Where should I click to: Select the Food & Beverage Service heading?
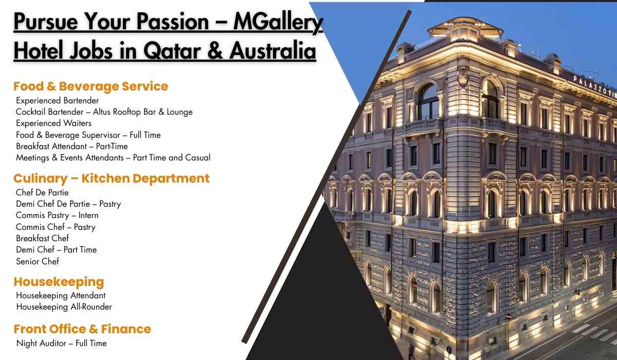coord(90,86)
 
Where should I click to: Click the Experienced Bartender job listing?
coord(57,100)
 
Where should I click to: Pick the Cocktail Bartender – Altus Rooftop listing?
coord(104,112)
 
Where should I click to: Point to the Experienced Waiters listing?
coord(53,123)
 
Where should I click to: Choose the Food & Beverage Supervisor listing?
coord(88,135)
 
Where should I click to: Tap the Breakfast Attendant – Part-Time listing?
coord(71,146)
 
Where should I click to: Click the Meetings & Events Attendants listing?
coord(113,157)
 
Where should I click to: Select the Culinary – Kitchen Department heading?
coord(111,178)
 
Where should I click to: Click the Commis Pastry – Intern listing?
coord(57,215)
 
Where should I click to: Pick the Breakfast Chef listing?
coord(42,238)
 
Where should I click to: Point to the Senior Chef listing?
coord(38,261)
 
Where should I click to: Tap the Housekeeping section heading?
coord(59,282)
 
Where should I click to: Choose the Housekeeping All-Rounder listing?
coord(64,307)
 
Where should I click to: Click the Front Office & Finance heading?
coord(82,329)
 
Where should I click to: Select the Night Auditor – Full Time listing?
coord(61,343)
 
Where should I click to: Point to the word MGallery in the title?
coord(278,23)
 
